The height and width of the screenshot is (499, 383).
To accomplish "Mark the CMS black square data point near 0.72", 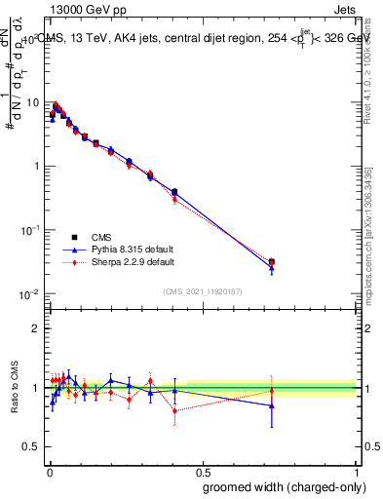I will (x=272, y=261).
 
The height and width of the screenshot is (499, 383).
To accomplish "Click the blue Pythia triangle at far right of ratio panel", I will (x=272, y=405).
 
